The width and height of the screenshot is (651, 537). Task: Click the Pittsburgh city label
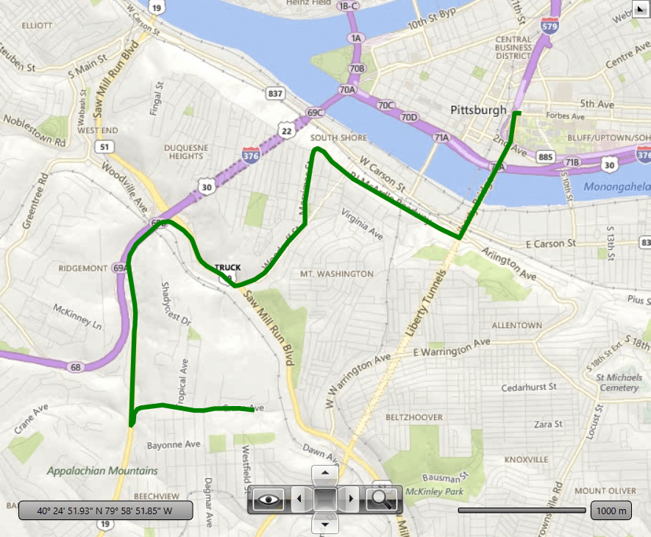tap(478, 110)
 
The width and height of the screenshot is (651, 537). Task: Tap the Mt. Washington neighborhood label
tap(336, 274)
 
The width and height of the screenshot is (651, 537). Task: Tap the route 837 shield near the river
tap(276, 93)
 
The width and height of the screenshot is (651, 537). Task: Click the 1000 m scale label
tap(611, 511)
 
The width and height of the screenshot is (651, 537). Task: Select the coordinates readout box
tap(105, 510)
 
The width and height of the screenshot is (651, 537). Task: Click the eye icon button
tap(269, 499)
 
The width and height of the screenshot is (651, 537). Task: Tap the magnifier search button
tap(382, 499)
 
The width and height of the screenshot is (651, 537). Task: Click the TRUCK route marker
tap(227, 268)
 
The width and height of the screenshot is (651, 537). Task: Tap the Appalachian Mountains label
tap(102, 471)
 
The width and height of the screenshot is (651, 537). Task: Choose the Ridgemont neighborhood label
tap(83, 268)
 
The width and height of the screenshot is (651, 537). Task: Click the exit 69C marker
tap(315, 113)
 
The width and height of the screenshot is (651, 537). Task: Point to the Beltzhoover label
tap(414, 417)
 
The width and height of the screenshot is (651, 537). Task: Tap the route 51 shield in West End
tap(104, 147)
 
